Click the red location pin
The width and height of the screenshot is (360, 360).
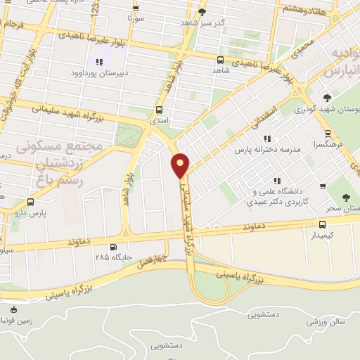pyautogui.click(x=181, y=165)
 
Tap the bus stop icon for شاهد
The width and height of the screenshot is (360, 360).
pyautogui.click(x=220, y=60)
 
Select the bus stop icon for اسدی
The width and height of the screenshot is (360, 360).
pyautogui.click(x=159, y=110)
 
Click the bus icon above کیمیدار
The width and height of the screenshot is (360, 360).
pyautogui.click(x=322, y=224)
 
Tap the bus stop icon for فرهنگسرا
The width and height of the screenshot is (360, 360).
pyautogui.click(x=328, y=134)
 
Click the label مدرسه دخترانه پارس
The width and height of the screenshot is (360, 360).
pyautogui.click(x=268, y=150)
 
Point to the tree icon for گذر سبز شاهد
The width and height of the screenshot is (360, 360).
pyautogui.click(x=202, y=12)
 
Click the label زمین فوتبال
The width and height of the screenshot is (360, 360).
pyautogui.click(x=13, y=321)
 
